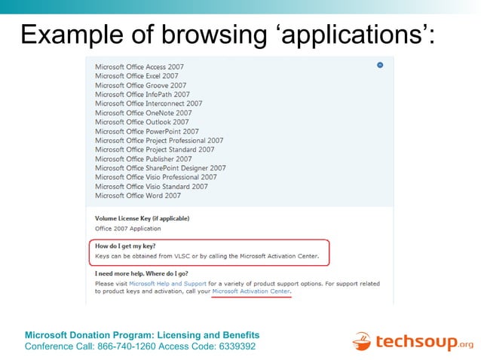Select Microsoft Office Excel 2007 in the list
[x=136, y=76]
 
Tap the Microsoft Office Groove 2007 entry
[x=140, y=85]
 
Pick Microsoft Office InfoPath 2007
[x=142, y=94]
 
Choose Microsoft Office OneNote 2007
[x=143, y=113]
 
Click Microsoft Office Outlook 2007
[x=141, y=122]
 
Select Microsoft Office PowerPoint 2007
[x=147, y=131]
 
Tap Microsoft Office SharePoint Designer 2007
[x=160, y=168]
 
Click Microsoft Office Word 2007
[x=138, y=196]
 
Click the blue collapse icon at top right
[x=380, y=66]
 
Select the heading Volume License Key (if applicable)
[x=142, y=218]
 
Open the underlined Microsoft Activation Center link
[x=251, y=291]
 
